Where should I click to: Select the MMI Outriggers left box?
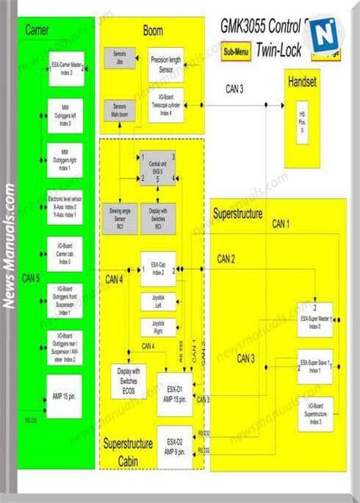click(66, 116)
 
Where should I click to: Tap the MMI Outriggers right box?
click(66, 160)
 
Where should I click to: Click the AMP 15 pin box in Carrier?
click(65, 396)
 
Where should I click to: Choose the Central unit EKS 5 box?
click(159, 169)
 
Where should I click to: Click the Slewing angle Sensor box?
click(120, 217)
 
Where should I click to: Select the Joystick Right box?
click(158, 327)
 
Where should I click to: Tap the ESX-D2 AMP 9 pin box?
click(175, 441)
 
